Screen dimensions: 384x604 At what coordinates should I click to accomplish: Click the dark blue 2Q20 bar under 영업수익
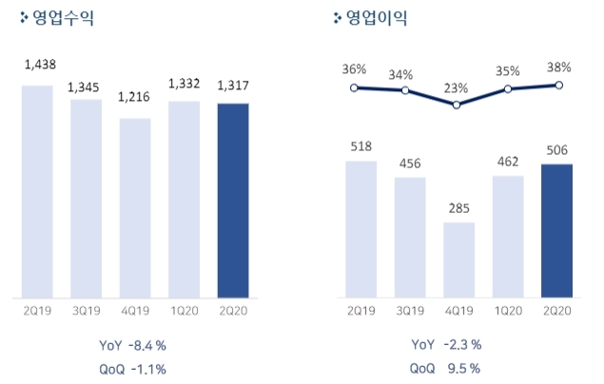point(233,200)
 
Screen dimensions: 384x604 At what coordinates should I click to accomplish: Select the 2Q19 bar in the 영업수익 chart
point(36,191)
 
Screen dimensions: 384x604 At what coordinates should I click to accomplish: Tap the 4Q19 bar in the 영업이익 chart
point(458,259)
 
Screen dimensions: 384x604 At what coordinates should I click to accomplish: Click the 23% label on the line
point(457,88)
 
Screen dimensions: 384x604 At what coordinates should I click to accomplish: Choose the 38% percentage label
point(559,67)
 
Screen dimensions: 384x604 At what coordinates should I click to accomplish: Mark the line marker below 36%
point(354,87)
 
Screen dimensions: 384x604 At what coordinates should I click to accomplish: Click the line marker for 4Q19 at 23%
point(458,105)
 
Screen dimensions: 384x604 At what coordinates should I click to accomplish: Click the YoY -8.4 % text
point(137,344)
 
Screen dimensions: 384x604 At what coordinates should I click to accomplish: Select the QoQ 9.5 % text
point(445,369)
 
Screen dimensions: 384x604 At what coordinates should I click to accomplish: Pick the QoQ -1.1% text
point(137,369)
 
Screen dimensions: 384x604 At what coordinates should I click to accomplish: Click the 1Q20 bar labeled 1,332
point(184,199)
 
